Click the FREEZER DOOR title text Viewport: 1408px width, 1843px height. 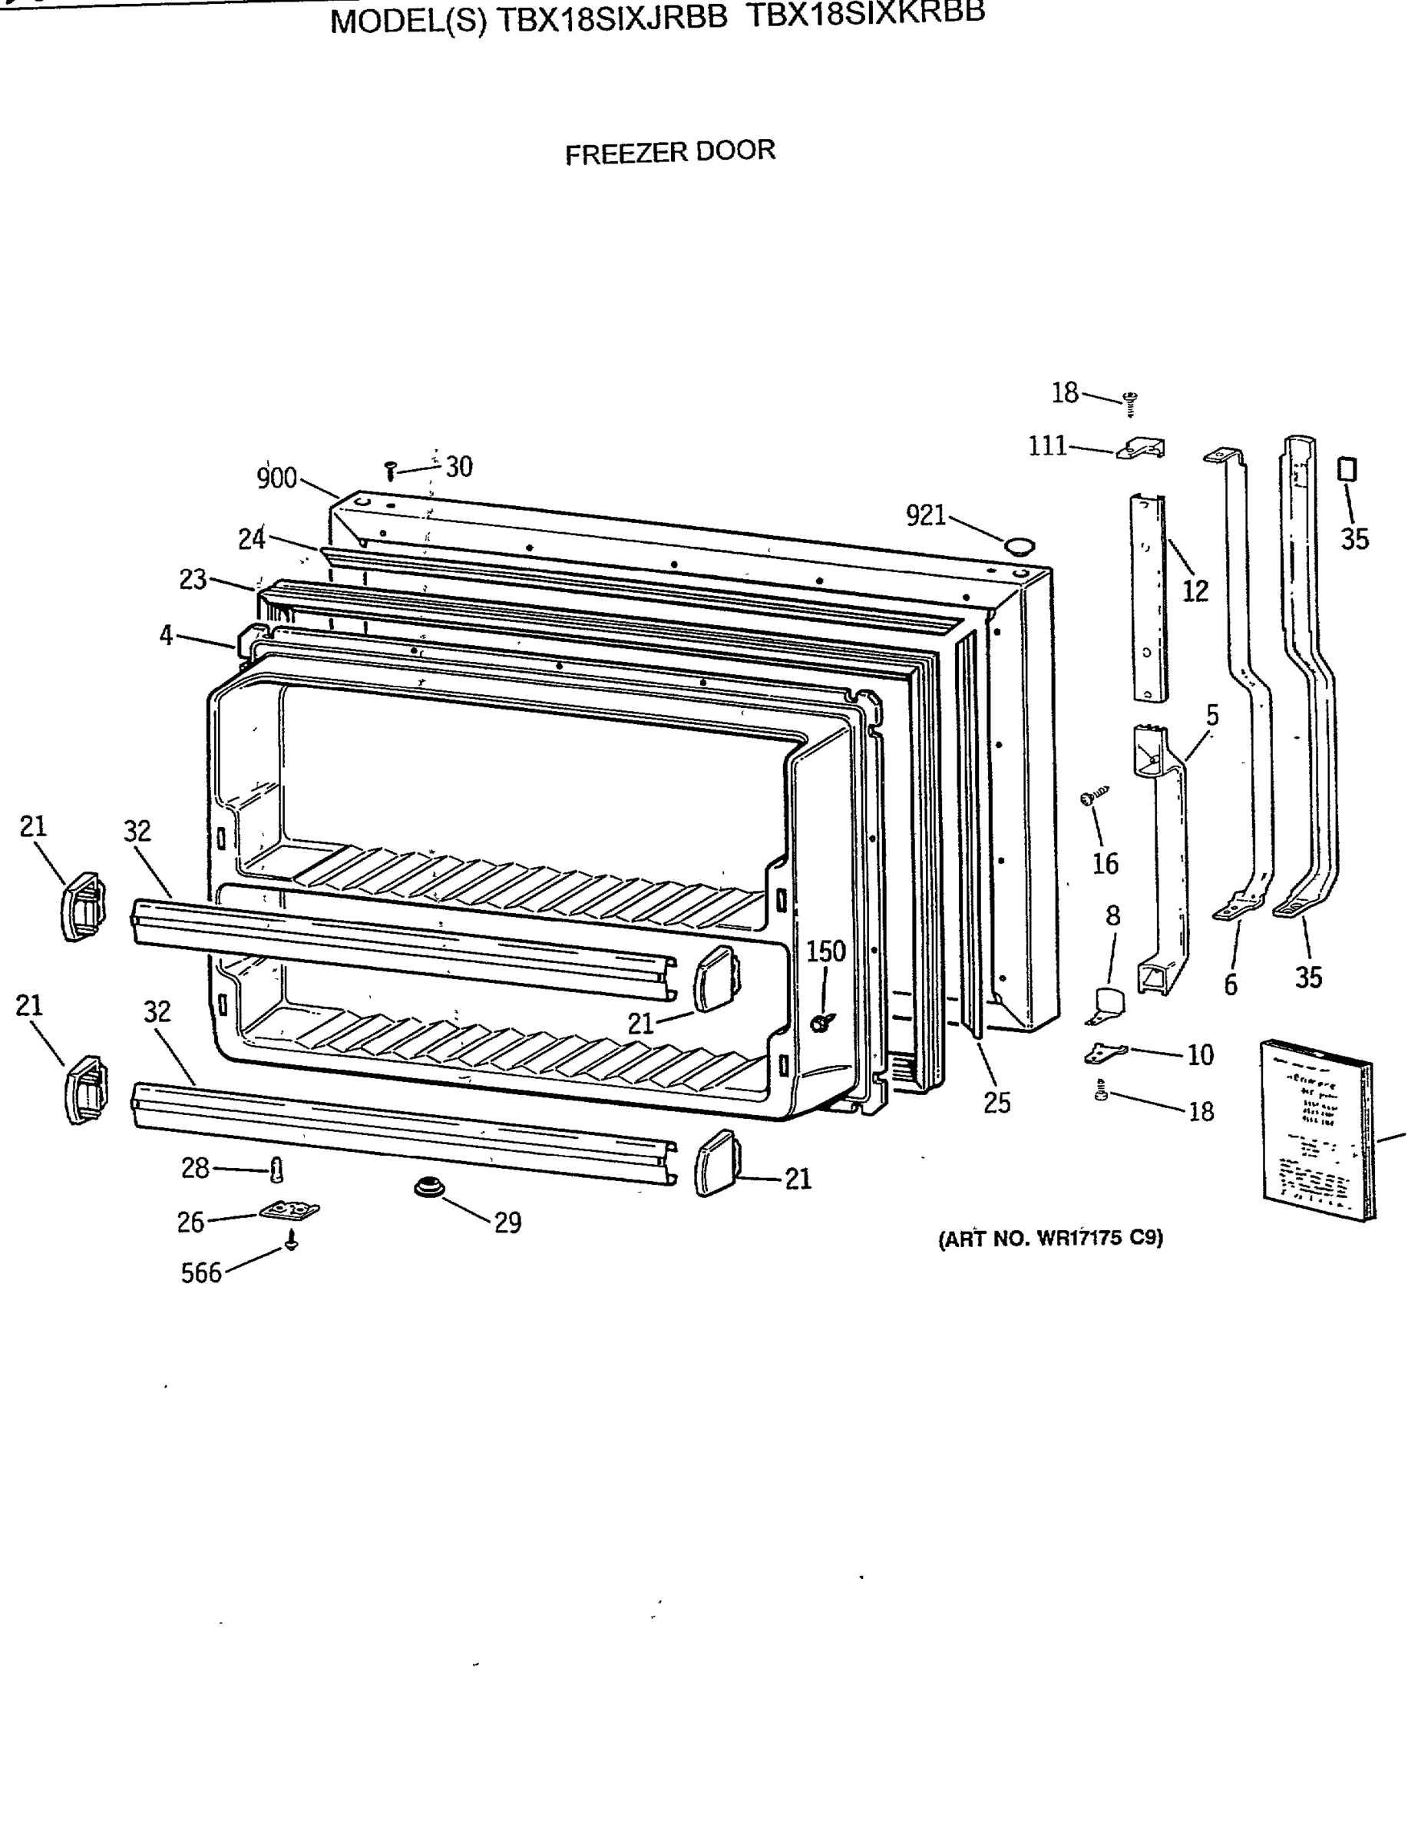coord(669,153)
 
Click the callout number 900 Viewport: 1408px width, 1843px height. coord(276,478)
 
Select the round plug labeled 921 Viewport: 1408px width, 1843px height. coord(1020,547)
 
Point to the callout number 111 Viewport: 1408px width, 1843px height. coord(1048,446)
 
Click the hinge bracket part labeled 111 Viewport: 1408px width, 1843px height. coord(1142,448)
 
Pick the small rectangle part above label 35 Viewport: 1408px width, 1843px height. coord(1347,468)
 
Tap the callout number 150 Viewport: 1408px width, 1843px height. coord(825,952)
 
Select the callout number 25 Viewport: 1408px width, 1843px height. coord(997,1103)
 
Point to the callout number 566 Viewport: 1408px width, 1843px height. coord(201,1273)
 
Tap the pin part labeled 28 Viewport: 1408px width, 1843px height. coord(277,1170)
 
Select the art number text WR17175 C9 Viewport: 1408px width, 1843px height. coord(1050,1239)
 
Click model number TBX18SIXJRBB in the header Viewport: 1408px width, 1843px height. coord(612,19)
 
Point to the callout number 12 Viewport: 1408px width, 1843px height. coord(1195,591)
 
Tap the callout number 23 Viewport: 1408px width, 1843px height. coord(193,579)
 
